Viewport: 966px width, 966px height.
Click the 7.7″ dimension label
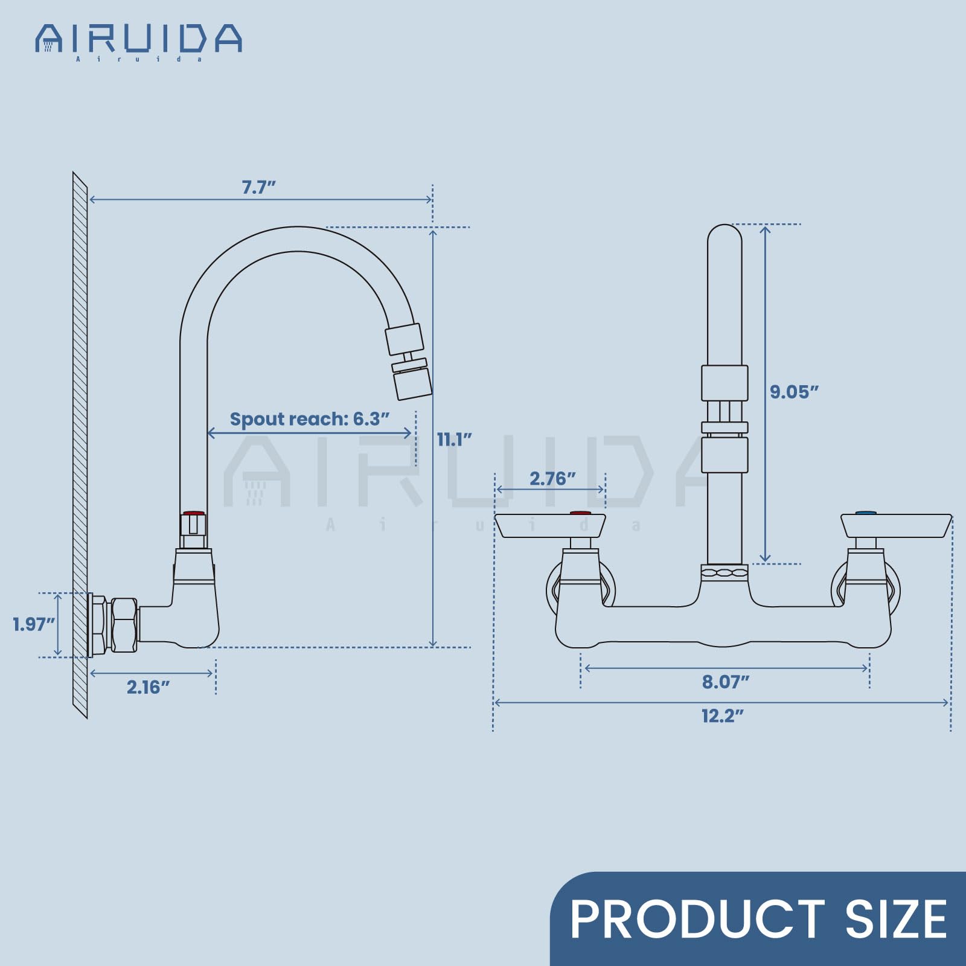[258, 187]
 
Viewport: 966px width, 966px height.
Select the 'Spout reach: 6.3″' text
[310, 418]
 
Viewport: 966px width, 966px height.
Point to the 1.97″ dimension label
[34, 624]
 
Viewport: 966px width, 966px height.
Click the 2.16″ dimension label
[148, 687]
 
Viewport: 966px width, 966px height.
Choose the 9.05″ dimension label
[794, 392]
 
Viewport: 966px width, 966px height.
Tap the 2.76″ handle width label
[552, 479]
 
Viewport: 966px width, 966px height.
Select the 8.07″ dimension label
[725, 682]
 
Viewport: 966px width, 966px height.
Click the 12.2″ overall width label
[722, 716]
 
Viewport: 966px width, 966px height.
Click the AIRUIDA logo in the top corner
[139, 40]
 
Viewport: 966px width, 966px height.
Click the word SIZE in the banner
[896, 920]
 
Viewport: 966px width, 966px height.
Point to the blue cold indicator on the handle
[866, 513]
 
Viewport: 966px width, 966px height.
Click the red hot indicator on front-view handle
[580, 513]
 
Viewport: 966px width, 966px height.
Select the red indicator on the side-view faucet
[194, 514]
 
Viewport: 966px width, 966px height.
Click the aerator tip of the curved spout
[413, 383]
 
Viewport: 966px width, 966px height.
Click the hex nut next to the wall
[124, 625]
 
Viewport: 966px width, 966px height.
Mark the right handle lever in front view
[896, 525]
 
